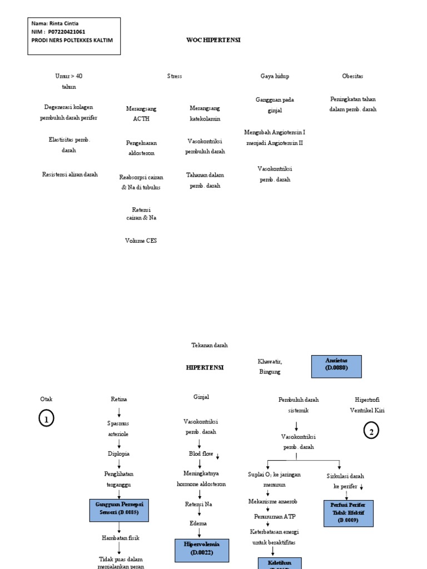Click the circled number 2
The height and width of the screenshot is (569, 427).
click(371, 430)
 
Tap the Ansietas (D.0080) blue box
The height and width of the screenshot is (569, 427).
click(336, 366)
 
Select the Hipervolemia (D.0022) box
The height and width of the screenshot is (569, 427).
click(202, 548)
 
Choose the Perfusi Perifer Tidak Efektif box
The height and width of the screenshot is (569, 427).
click(349, 513)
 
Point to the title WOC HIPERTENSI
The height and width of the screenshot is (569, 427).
click(213, 40)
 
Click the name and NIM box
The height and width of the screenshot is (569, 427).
click(74, 36)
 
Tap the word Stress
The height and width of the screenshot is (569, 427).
click(175, 76)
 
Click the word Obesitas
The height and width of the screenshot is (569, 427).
click(352, 76)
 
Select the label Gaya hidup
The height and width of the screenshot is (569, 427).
click(275, 76)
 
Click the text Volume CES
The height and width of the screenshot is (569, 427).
click(141, 241)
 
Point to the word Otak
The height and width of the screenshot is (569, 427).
click(46, 399)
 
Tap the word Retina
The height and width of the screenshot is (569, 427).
click(119, 399)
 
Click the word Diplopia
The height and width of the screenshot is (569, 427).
click(118, 453)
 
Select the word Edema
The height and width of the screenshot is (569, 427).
click(199, 523)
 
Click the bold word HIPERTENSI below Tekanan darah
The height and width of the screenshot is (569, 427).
click(205, 367)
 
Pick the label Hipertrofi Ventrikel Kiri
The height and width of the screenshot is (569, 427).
click(367, 405)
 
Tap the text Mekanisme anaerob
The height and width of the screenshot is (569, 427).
click(271, 501)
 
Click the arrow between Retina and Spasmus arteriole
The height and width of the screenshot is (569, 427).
click(119, 412)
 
